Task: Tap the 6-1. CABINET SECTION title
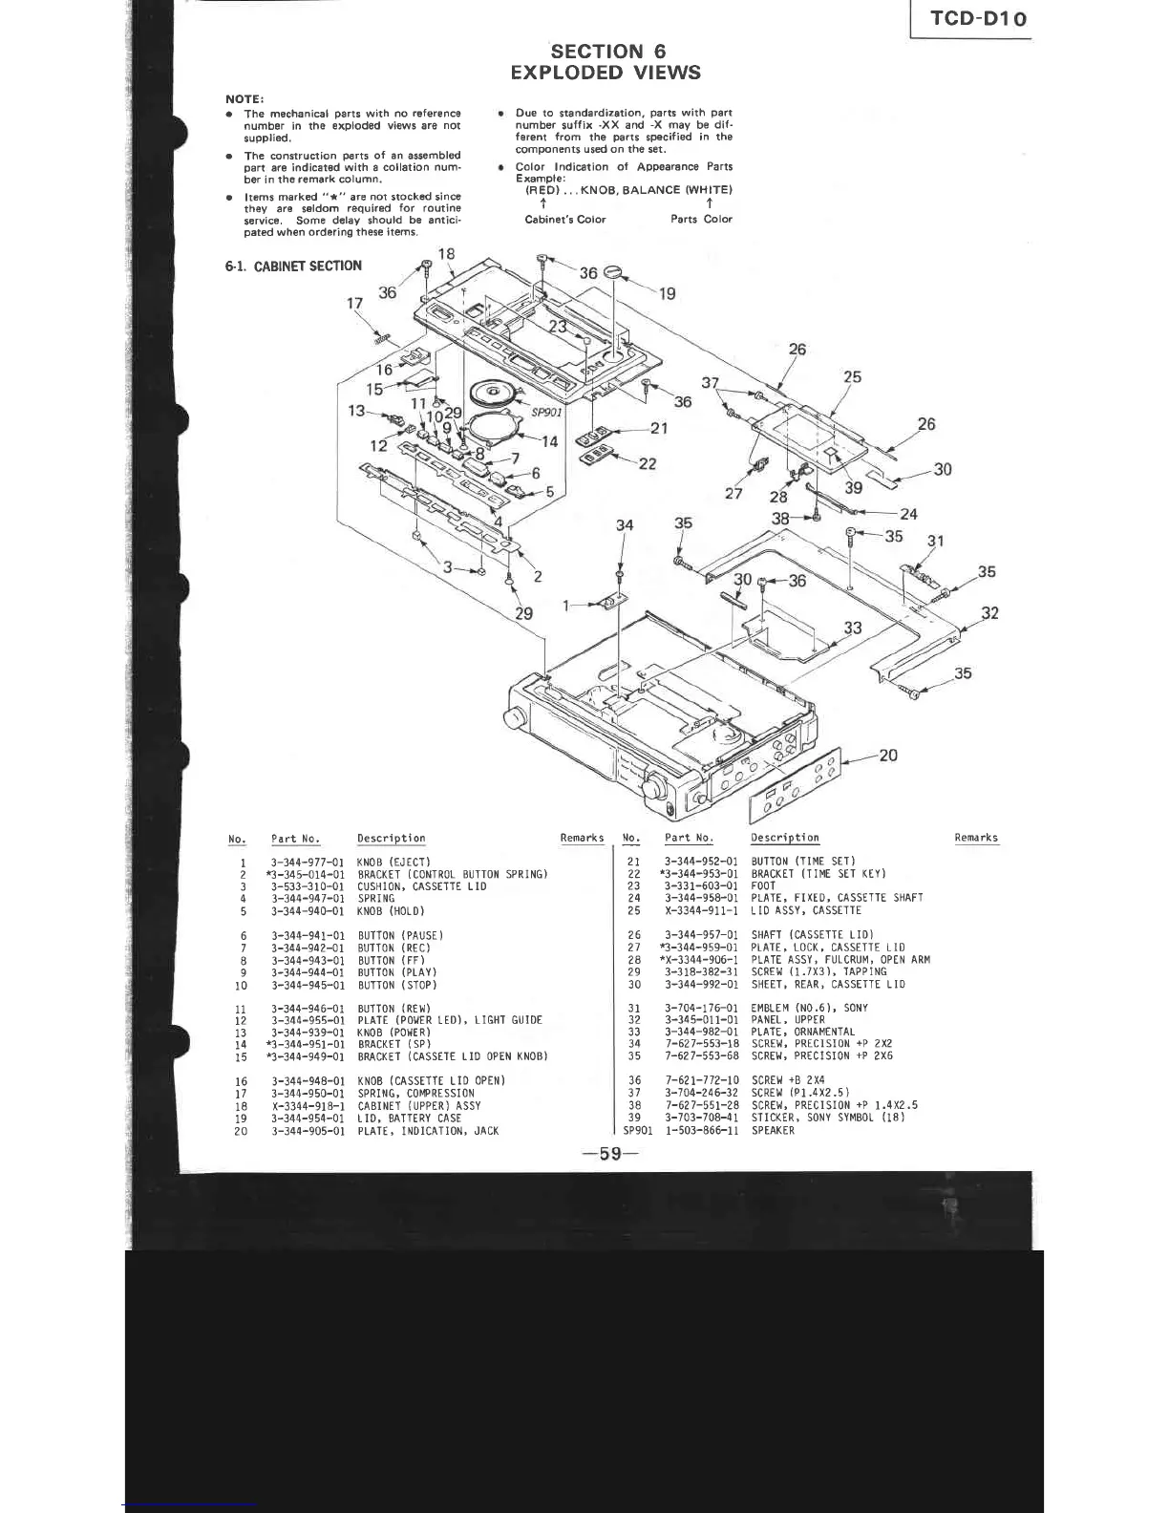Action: [293, 266]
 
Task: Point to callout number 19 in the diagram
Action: [667, 294]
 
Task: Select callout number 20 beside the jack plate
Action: [887, 756]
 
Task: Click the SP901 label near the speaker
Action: [547, 412]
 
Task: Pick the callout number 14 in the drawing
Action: [549, 441]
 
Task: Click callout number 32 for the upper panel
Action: [990, 613]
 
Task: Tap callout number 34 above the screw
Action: [625, 525]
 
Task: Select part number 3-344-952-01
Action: [701, 862]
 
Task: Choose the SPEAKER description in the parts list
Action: [773, 1131]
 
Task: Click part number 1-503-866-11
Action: [702, 1131]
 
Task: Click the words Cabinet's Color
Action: [565, 219]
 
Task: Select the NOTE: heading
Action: [244, 98]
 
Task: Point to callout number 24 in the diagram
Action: [908, 514]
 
